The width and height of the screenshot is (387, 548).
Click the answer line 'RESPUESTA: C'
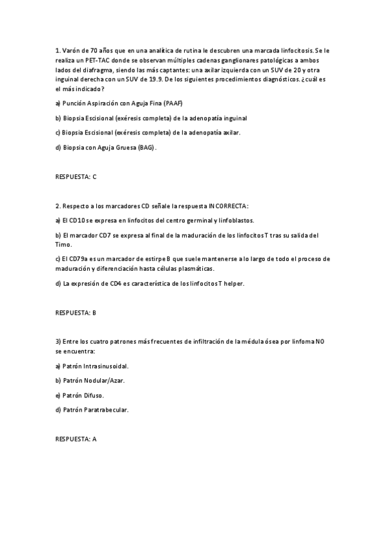point(76,175)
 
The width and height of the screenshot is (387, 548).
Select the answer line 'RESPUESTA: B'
point(76,312)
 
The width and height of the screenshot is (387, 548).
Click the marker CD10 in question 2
point(78,220)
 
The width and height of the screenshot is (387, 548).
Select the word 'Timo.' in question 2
point(64,244)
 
